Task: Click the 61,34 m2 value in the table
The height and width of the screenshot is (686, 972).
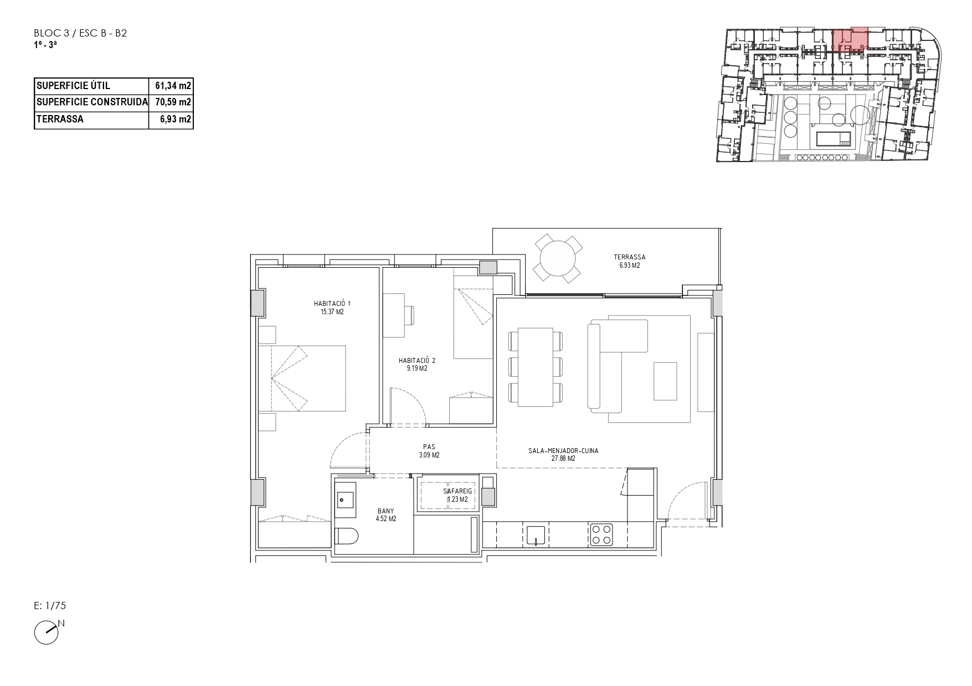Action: [173, 86]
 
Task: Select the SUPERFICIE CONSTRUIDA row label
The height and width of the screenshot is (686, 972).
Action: [92, 102]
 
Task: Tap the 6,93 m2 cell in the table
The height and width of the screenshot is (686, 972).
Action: [176, 119]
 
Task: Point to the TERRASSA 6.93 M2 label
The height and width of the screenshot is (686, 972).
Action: [630, 261]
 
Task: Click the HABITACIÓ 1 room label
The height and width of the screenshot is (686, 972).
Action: [332, 308]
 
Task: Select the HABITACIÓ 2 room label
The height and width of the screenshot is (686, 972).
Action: [417, 364]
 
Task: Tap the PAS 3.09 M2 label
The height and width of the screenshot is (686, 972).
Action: [429, 451]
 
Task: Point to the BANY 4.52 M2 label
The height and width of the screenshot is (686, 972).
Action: [386, 514]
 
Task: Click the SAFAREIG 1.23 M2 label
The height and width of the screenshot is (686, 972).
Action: [457, 495]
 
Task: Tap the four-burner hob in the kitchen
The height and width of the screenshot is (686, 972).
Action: [601, 534]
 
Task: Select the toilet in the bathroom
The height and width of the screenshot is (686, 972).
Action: [347, 536]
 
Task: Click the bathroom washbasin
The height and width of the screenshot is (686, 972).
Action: [346, 500]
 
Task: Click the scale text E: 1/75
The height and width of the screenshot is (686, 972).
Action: [50, 606]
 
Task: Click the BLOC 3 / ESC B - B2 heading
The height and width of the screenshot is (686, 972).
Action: [81, 33]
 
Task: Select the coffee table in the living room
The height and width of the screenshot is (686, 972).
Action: [665, 381]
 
